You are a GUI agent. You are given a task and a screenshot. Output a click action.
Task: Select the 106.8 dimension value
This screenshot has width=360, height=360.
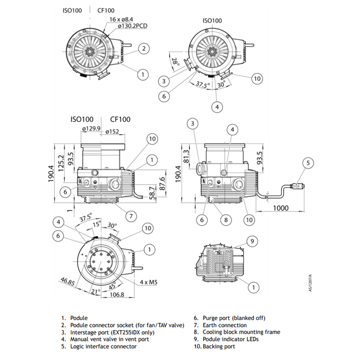click(x=117, y=295)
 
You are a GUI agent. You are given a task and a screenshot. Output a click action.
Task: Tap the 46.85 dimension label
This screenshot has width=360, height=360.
click(x=67, y=281)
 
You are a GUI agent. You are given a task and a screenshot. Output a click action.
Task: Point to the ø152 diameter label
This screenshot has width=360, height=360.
click(x=113, y=132)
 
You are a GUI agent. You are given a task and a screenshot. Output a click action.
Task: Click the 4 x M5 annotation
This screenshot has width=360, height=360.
click(x=149, y=282)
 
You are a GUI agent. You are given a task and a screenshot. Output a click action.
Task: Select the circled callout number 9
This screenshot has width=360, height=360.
click(x=252, y=241)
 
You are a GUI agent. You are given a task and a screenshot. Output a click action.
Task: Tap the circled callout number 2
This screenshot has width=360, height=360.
click(x=145, y=49)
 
